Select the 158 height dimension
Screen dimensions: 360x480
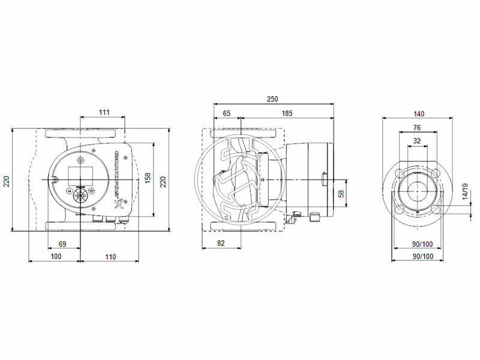coord(149,179)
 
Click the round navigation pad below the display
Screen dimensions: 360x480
coord(79,196)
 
